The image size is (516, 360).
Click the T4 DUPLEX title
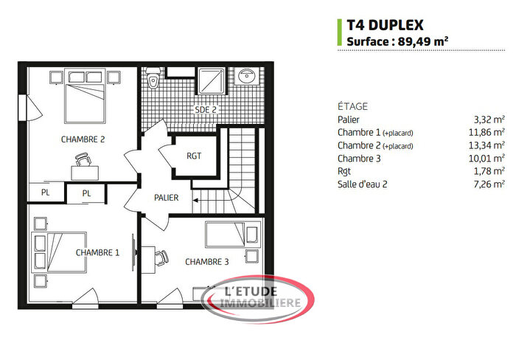(x=384, y=26)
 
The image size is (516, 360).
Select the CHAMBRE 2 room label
(x=83, y=139)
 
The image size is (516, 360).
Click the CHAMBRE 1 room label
(x=97, y=252)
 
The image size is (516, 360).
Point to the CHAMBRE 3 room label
(x=207, y=262)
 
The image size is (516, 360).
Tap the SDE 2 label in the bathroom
(x=206, y=110)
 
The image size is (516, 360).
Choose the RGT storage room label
(x=194, y=156)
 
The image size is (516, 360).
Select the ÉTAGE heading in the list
(x=352, y=106)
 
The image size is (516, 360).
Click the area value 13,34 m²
(x=489, y=145)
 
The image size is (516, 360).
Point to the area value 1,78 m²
(x=491, y=172)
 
